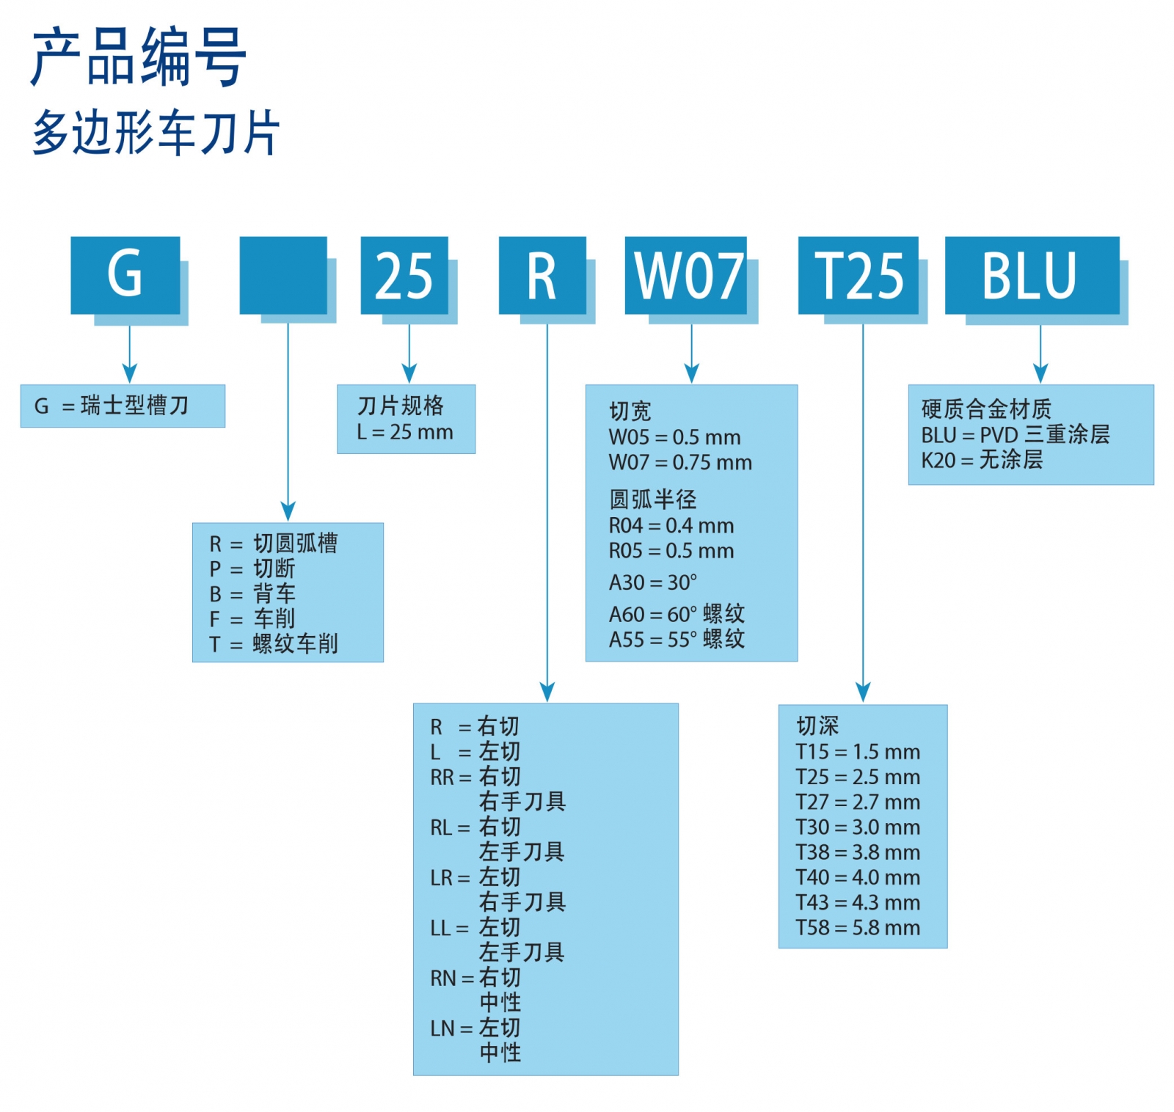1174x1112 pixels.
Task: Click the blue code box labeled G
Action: point(125,275)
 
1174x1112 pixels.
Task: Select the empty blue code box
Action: point(283,275)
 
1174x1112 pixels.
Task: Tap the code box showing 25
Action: point(404,275)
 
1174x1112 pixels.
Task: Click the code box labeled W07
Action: point(686,275)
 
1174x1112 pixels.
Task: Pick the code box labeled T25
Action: point(858,275)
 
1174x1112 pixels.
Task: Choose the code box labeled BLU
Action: point(1032,275)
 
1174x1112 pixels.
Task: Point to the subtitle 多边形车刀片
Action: point(156,133)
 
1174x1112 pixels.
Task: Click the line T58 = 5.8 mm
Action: point(858,928)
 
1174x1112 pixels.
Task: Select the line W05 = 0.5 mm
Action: point(674,437)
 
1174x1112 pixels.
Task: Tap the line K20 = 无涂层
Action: point(982,460)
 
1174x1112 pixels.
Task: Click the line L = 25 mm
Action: point(405,432)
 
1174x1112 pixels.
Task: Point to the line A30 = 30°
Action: point(652,582)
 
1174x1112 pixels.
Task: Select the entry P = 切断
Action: point(252,568)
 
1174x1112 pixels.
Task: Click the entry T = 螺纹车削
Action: point(274,644)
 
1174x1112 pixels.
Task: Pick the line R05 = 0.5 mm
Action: point(671,551)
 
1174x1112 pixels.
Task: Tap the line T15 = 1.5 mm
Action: point(858,752)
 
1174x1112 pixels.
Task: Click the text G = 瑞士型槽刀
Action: point(112,406)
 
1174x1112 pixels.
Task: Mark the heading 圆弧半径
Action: point(652,500)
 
